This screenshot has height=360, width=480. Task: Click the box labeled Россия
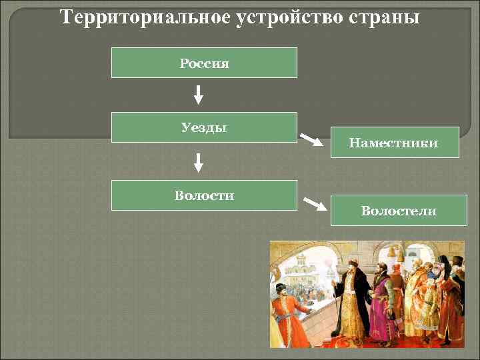(x=204, y=63)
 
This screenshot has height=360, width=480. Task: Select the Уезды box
(x=204, y=127)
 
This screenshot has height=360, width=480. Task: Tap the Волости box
(x=204, y=195)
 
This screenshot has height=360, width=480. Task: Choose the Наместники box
(x=393, y=142)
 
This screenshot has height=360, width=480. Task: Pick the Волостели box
(x=399, y=211)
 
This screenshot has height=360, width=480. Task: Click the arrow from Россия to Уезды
(x=198, y=95)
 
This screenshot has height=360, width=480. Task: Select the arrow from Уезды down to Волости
(x=198, y=162)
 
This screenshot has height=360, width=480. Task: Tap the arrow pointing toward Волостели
(x=314, y=203)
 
